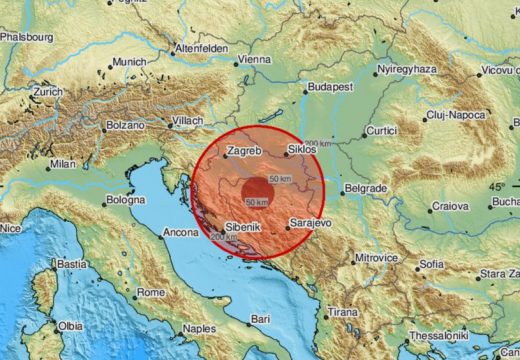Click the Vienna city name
tap(254, 60)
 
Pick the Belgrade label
tap(364, 188)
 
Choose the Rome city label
tap(151, 292)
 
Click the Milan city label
tap(62, 163)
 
